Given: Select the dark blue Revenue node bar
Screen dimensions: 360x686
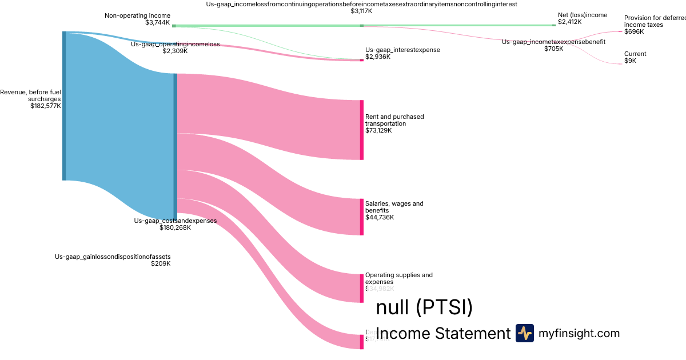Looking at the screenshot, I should pos(64,106).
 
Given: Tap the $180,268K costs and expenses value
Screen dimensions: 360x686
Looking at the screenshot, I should pos(175,227).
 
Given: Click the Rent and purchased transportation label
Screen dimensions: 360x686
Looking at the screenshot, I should pos(394,120).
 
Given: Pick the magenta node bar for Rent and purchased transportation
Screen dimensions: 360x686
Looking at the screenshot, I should pos(361,130).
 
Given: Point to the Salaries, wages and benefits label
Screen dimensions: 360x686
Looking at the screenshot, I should pos(394,207).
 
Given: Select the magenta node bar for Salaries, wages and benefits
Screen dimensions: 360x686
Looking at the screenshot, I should pos(361,217).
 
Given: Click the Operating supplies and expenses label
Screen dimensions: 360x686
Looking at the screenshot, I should pos(398,278).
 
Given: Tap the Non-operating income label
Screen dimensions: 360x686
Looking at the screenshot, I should pos(137,15).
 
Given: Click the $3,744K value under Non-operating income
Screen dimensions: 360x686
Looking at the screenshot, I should pos(158,22).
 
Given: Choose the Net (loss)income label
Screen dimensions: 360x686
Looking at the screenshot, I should pos(583,15).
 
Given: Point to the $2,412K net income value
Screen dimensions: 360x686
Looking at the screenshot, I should pos(570,22).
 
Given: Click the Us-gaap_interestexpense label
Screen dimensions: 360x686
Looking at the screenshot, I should pos(402,50).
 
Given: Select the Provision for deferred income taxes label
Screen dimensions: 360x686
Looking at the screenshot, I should pos(655,21).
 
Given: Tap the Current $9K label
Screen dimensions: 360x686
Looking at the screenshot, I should pos(635,57).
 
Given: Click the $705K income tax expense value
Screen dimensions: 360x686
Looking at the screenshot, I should pos(553,49).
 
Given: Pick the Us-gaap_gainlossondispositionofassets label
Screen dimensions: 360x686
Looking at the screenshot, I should pos(113,257).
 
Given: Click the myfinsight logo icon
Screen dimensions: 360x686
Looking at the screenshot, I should pos(524,333).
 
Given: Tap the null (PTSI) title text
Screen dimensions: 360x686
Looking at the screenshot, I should pos(425,308).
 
